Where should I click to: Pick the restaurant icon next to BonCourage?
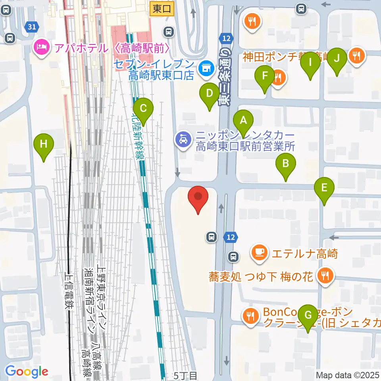click(x=250, y=316)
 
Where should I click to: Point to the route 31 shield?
click(x=32, y=27)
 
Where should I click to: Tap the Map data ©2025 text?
click(x=348, y=375)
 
